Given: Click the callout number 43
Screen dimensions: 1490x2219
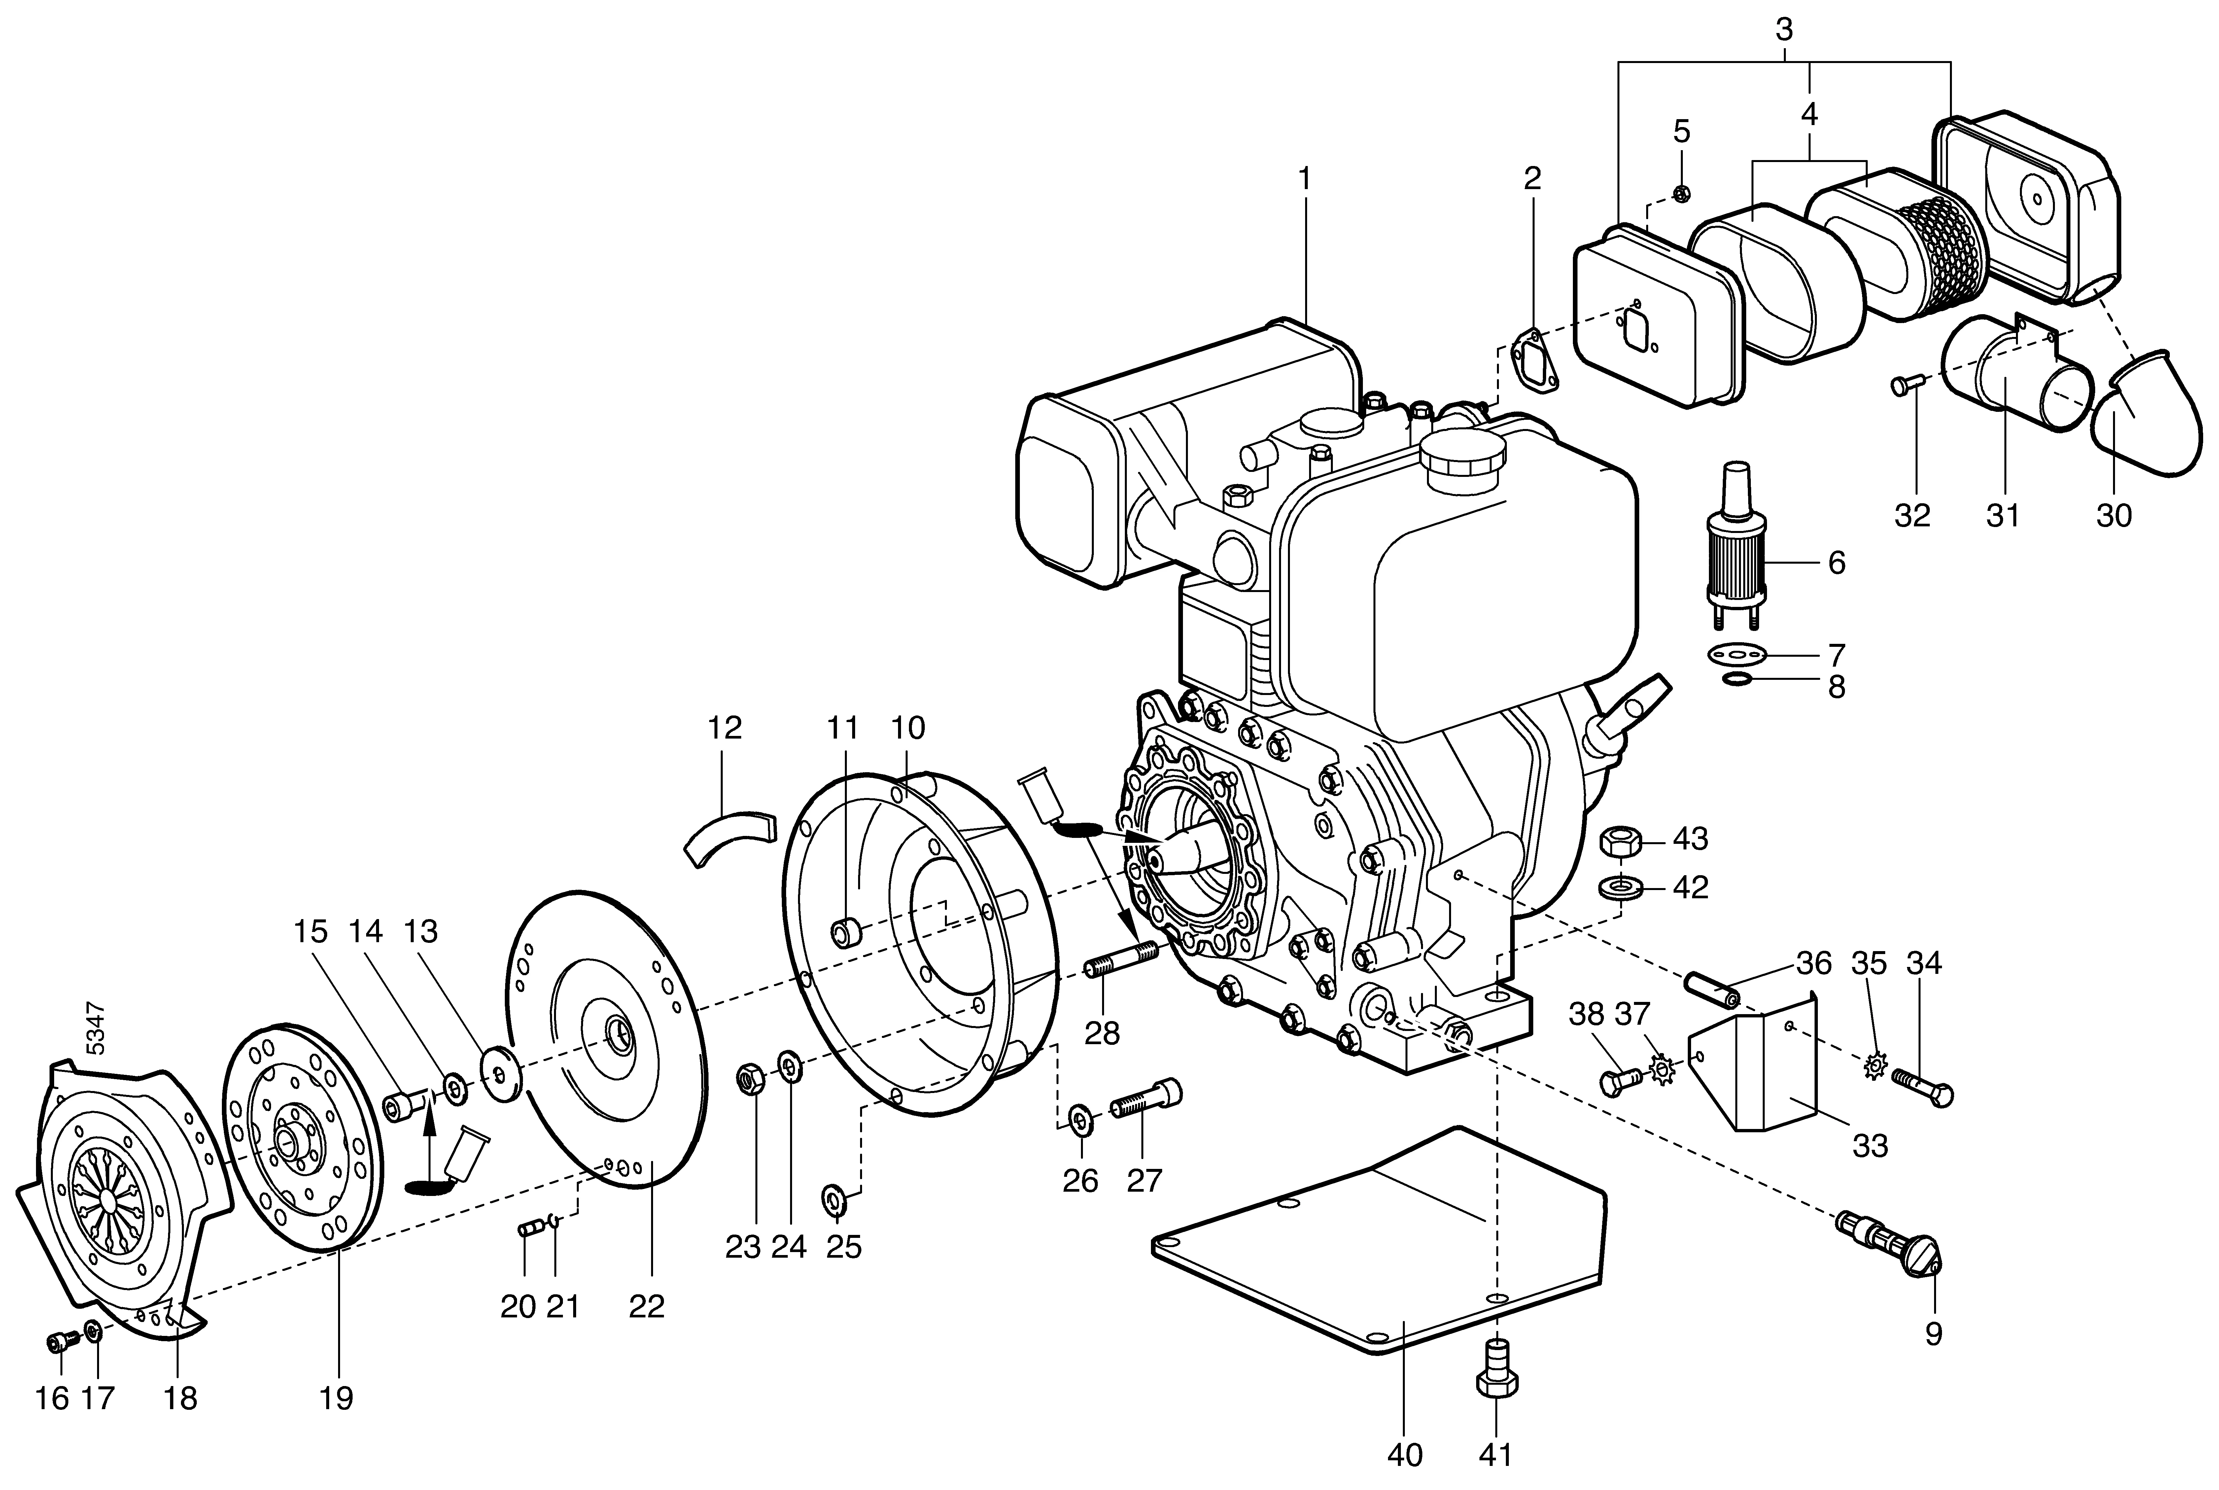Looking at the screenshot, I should [1690, 839].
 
